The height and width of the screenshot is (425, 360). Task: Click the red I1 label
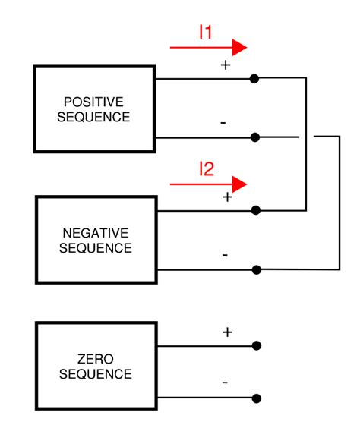tap(206, 32)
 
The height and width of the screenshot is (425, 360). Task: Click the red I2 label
tap(206, 168)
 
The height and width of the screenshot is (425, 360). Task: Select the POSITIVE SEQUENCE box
tap(95, 109)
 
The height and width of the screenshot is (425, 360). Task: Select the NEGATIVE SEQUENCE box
tap(95, 240)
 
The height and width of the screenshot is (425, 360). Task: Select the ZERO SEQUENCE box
tap(95, 366)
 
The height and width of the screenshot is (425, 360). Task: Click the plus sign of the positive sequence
tap(225, 65)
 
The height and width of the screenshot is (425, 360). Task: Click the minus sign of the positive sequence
tap(223, 122)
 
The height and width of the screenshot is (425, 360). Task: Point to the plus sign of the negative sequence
tap(226, 197)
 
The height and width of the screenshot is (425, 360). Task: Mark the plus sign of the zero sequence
tap(226, 332)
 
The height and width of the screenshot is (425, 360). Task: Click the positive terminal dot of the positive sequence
tap(255, 78)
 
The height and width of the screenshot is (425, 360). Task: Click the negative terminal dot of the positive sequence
tap(255, 137)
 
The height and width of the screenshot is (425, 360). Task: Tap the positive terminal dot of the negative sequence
tap(256, 210)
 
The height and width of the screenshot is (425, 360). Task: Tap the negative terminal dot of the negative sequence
tap(256, 269)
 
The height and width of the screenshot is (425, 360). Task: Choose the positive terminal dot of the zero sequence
tap(256, 346)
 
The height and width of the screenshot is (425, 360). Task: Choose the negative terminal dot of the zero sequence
tap(256, 398)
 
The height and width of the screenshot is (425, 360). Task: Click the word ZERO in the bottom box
tap(95, 358)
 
